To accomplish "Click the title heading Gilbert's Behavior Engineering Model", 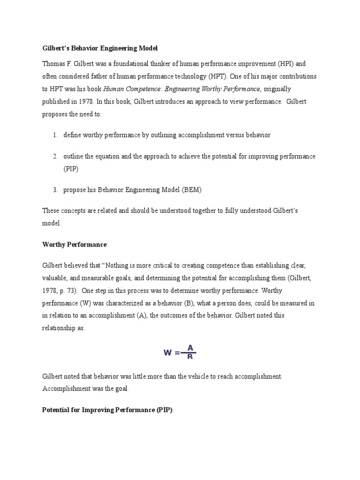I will click(x=100, y=48).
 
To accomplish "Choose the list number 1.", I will click(x=55, y=135).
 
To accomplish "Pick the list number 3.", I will click(x=55, y=190).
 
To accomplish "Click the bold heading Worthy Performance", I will click(x=74, y=245).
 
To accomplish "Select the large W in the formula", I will click(x=168, y=353).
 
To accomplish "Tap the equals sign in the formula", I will click(x=177, y=353).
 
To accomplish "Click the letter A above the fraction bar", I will click(x=190, y=347).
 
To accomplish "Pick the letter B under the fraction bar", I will click(x=190, y=357).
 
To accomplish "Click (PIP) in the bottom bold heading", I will click(x=164, y=409).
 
